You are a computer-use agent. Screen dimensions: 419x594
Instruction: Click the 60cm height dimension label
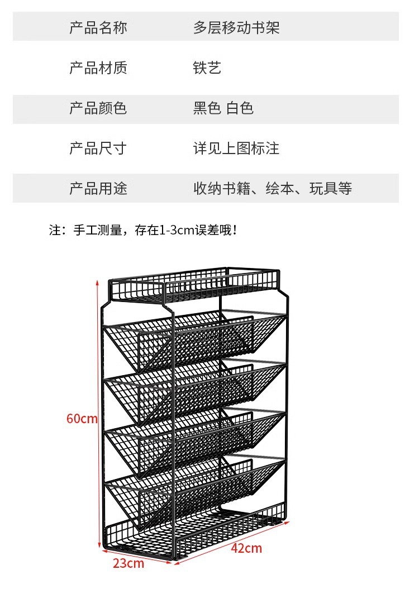(82, 418)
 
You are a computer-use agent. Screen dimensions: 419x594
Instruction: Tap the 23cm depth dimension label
(128, 563)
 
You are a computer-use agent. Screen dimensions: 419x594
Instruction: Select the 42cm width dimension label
(246, 548)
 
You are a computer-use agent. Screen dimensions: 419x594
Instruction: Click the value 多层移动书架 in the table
(236, 27)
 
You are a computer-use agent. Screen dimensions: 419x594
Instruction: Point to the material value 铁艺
(207, 68)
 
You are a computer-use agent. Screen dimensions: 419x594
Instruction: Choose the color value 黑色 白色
(223, 108)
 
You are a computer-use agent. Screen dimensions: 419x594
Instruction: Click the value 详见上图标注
(236, 148)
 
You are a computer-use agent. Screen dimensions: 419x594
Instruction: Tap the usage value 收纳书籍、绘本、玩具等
(273, 189)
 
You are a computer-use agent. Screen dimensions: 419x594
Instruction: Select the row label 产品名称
(98, 27)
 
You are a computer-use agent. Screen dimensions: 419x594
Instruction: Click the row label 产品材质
(98, 68)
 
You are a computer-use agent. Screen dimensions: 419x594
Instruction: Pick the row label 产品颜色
(98, 108)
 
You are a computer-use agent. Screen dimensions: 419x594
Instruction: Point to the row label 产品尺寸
(98, 148)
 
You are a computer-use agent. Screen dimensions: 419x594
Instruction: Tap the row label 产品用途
(98, 189)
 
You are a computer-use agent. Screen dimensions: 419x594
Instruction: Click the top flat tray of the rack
(196, 285)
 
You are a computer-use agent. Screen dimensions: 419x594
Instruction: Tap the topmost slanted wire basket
(196, 338)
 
